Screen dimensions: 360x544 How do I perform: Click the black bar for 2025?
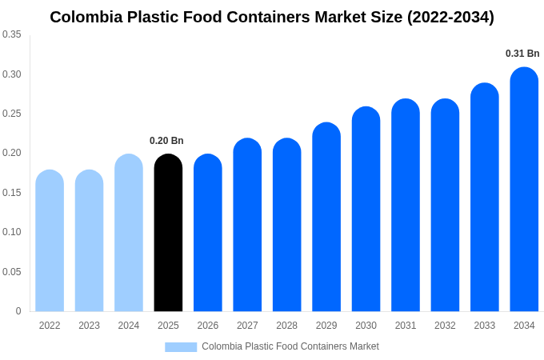click(168, 233)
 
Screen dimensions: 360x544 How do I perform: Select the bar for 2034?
click(524, 190)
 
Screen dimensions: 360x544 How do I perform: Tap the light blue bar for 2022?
click(50, 241)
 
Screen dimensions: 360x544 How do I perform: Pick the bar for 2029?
click(326, 217)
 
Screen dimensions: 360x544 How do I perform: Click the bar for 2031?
click(406, 206)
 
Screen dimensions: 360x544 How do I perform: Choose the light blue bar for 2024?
click(129, 233)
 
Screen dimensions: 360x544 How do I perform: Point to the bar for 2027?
click(247, 225)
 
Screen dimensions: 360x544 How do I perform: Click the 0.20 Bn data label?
click(166, 141)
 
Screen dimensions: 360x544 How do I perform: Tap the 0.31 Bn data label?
click(522, 54)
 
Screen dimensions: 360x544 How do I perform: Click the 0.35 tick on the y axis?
click(12, 34)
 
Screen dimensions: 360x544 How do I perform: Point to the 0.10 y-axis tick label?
click(12, 232)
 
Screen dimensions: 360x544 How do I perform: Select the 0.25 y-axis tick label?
click(12, 114)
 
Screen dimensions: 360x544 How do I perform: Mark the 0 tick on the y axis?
click(18, 311)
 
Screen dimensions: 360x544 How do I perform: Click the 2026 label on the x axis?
click(208, 326)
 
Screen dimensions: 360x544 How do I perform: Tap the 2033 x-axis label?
click(485, 326)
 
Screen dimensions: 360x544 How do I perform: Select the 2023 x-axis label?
click(89, 326)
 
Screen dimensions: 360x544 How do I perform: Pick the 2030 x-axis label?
click(366, 326)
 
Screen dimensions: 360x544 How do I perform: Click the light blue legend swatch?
click(181, 346)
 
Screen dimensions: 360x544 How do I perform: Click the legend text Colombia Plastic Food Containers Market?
click(290, 346)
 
